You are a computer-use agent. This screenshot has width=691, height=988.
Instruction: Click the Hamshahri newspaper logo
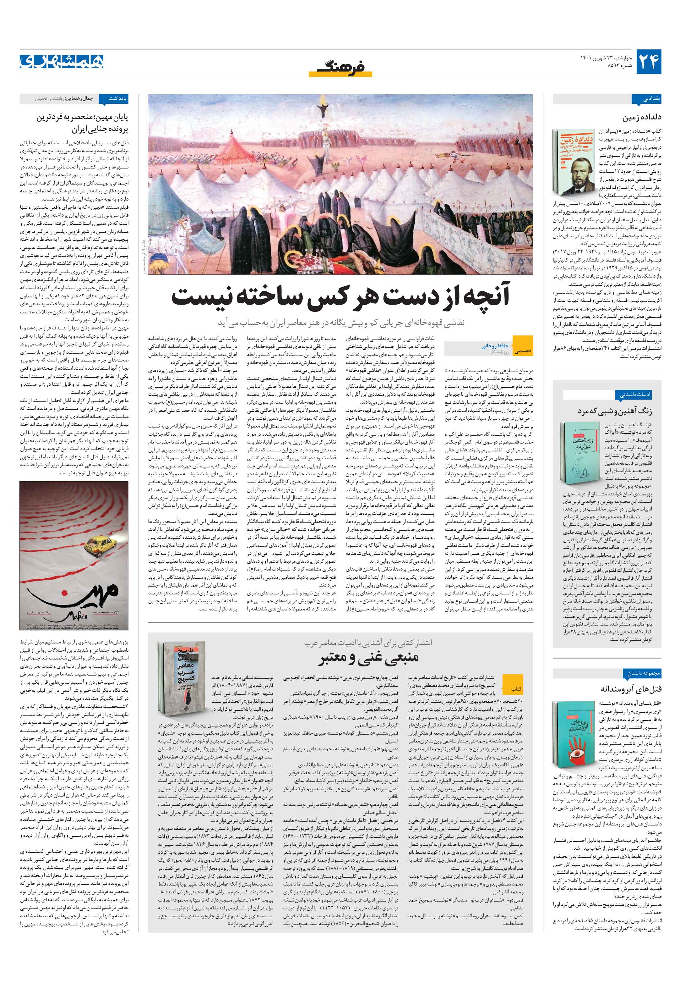click(62, 62)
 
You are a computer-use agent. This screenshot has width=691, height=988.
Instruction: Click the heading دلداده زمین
click(642, 117)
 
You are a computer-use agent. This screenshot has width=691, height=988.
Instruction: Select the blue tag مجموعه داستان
click(643, 673)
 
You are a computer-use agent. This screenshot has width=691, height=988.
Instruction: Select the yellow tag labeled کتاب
click(516, 688)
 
